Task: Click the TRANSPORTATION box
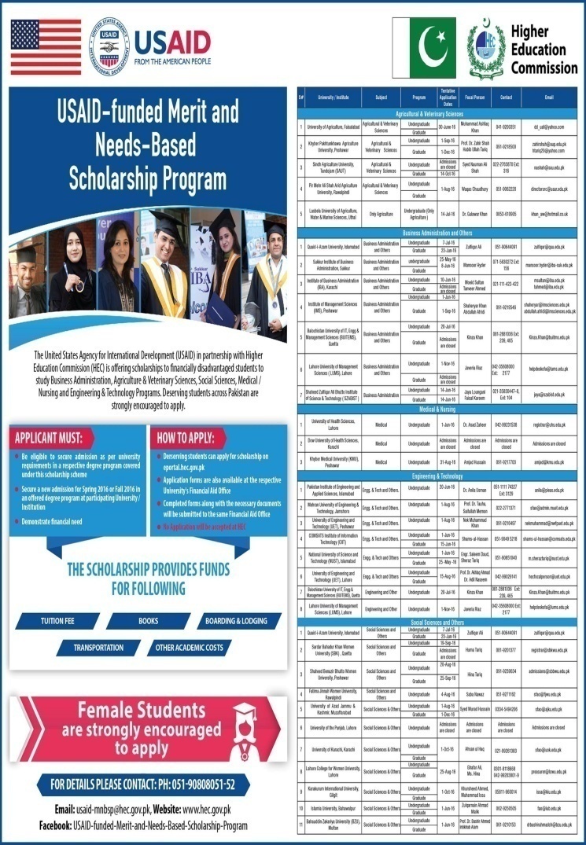coord(98,648)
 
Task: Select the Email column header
coord(549,100)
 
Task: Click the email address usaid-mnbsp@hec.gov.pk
coord(108,809)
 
